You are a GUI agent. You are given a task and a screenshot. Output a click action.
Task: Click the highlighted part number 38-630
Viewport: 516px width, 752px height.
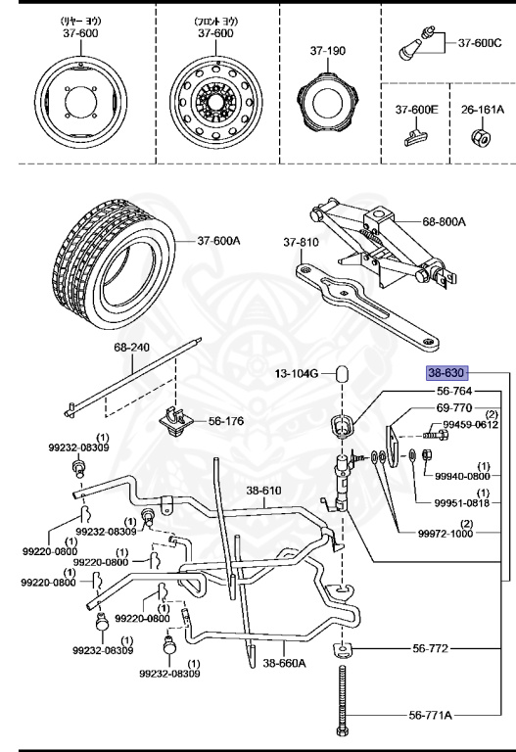click(x=447, y=373)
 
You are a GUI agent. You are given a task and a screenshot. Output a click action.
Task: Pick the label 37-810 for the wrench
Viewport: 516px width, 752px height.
click(x=302, y=242)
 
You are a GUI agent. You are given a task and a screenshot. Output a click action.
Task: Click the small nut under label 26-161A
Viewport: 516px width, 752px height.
click(x=481, y=135)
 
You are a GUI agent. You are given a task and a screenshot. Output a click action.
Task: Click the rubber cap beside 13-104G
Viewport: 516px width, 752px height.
click(x=345, y=375)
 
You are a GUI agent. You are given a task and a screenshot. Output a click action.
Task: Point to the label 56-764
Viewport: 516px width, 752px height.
click(x=454, y=392)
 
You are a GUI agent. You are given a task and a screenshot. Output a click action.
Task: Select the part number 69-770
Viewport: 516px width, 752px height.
click(x=454, y=407)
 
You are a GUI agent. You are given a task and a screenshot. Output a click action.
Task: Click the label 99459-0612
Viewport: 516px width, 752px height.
click(x=471, y=425)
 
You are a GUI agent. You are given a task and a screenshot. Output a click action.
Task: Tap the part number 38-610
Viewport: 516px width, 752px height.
click(x=263, y=491)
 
